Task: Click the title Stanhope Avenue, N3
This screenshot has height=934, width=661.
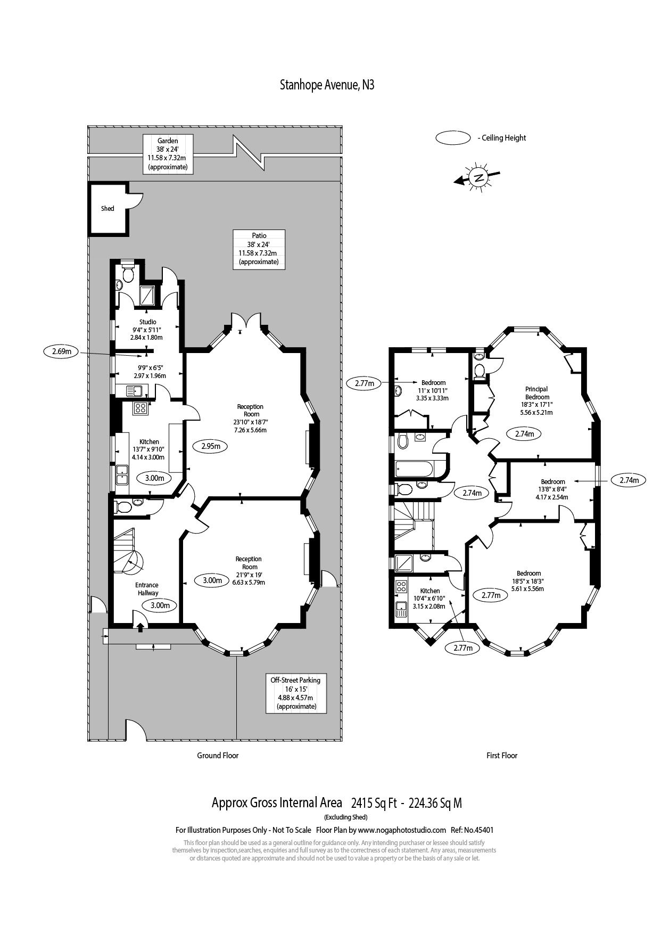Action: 327,85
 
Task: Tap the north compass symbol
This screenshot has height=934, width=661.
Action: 478,177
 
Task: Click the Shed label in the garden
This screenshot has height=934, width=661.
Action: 108,209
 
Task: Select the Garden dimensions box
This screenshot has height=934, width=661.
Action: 168,154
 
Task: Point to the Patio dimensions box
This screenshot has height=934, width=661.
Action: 259,249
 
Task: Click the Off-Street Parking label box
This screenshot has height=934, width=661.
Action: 295,693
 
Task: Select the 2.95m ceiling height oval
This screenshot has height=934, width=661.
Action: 211,446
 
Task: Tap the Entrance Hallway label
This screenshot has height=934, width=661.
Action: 147,589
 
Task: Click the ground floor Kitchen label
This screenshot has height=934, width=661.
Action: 149,449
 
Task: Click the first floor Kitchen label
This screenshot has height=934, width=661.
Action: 430,598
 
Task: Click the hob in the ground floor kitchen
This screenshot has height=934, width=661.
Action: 141,408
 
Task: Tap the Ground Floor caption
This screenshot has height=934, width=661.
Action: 218,755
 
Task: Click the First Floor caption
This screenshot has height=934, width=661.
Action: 501,755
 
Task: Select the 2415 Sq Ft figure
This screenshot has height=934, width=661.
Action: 374,803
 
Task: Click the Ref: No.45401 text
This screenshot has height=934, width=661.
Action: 472,830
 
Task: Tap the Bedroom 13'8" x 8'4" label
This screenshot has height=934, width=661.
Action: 552,489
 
